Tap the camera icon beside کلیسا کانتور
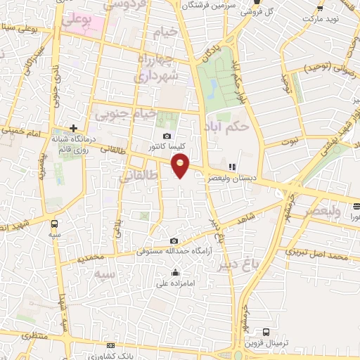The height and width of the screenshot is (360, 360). (x=167, y=136)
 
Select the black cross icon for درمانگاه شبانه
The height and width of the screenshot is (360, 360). (x=73, y=128)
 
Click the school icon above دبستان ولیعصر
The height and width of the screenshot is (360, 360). (x=231, y=167)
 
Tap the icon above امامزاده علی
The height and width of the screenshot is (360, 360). (x=174, y=273)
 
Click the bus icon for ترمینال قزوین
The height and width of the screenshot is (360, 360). (x=266, y=332)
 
